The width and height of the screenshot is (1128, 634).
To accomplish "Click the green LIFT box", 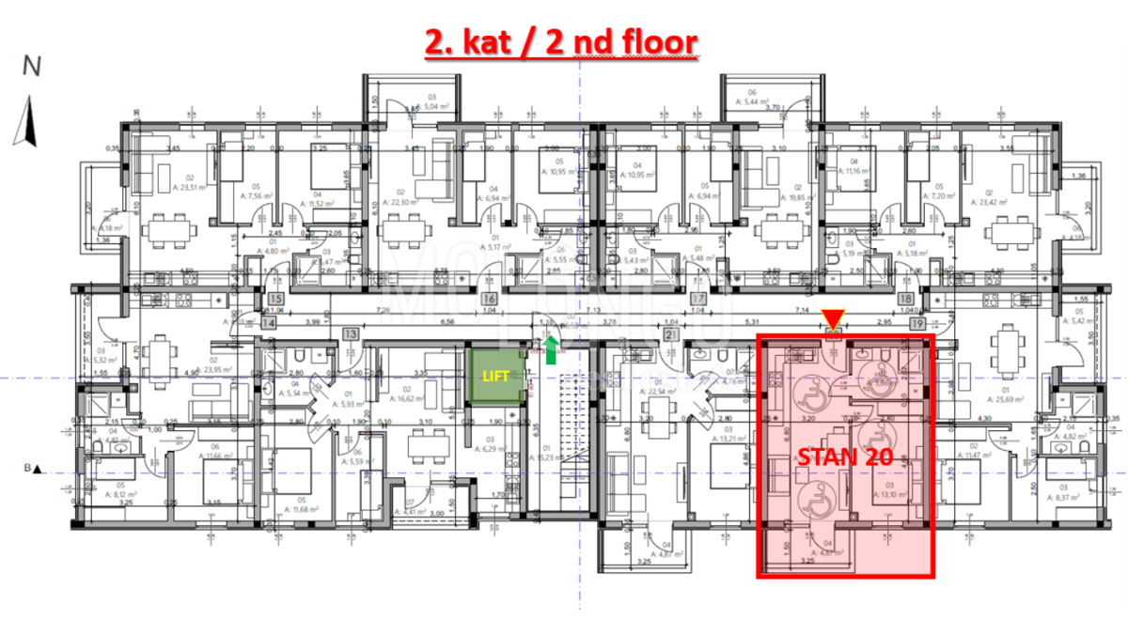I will tap(494, 376).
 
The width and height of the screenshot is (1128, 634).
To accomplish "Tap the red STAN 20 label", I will tap(845, 458).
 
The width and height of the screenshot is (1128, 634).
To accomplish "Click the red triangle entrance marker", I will tap(833, 319).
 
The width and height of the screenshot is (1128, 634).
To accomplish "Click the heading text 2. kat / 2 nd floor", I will tap(561, 43).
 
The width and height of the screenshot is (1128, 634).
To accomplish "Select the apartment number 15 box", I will tap(275, 300).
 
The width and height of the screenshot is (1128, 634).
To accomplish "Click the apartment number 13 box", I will tap(351, 333).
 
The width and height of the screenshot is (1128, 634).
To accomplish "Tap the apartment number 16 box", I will tap(489, 300).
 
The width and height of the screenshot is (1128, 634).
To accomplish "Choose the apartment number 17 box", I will tap(697, 300).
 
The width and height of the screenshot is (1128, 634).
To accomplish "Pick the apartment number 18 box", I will tap(907, 300).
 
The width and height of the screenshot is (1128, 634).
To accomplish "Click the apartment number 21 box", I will tap(670, 334).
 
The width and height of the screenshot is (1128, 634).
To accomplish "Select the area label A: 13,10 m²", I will tap(893, 495).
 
